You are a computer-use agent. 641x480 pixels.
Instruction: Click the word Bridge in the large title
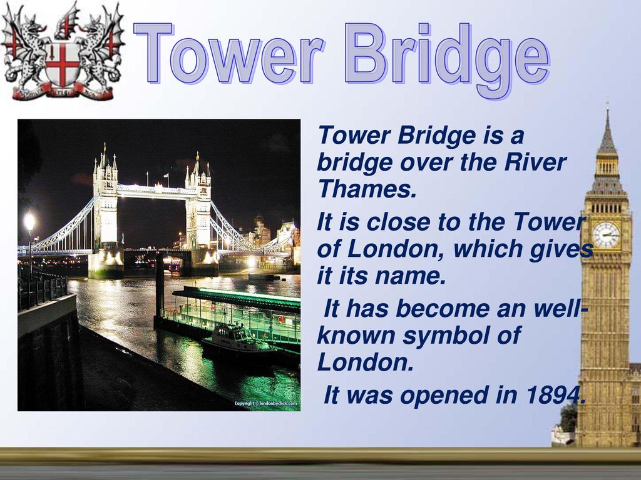tap(447, 59)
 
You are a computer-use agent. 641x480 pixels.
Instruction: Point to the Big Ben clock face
tap(606, 235)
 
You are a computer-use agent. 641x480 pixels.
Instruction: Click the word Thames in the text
tap(367, 189)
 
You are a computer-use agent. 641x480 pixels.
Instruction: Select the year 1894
tap(555, 395)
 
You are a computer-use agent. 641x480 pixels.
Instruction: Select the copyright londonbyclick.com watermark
tap(265, 403)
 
